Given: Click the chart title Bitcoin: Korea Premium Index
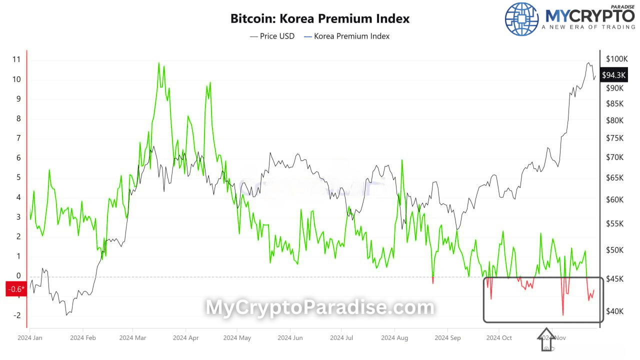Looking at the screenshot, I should click(320, 19).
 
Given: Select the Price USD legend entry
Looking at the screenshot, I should click(272, 36).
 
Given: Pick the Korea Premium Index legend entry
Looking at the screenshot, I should click(346, 36).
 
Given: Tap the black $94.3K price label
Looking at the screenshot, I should click(614, 75).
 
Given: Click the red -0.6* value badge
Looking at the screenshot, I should click(16, 289).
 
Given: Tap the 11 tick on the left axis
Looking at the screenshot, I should click(16, 59).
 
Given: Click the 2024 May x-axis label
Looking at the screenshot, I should click(237, 338).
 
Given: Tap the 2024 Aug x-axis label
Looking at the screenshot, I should click(394, 338).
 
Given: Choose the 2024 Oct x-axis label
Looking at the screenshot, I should click(499, 338).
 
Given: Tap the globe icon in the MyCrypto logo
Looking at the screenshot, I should click(522, 19).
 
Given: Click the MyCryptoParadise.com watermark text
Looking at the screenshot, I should click(320, 307).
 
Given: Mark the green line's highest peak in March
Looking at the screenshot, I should click(159, 63).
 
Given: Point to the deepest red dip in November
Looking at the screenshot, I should click(563, 314).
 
